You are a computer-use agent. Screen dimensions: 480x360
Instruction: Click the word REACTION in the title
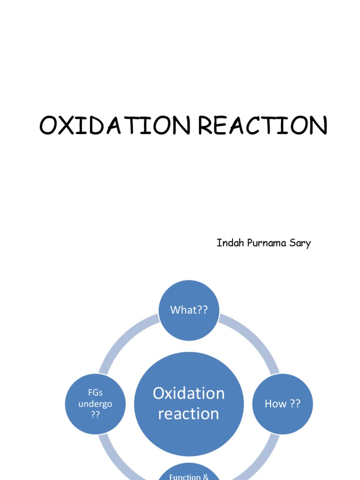(x=262, y=126)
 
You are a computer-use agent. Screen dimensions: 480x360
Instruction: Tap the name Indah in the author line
(x=228, y=243)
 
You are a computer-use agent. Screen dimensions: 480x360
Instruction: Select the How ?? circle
(x=283, y=404)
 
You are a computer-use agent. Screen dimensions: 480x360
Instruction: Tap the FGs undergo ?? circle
(x=95, y=404)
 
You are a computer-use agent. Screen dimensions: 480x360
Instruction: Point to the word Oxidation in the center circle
(x=189, y=393)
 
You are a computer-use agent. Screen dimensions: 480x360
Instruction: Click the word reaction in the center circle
(x=189, y=414)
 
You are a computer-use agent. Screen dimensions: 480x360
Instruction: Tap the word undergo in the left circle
(x=95, y=404)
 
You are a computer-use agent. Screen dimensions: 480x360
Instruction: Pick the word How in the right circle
(x=276, y=404)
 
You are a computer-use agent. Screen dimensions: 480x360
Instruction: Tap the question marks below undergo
(x=95, y=415)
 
